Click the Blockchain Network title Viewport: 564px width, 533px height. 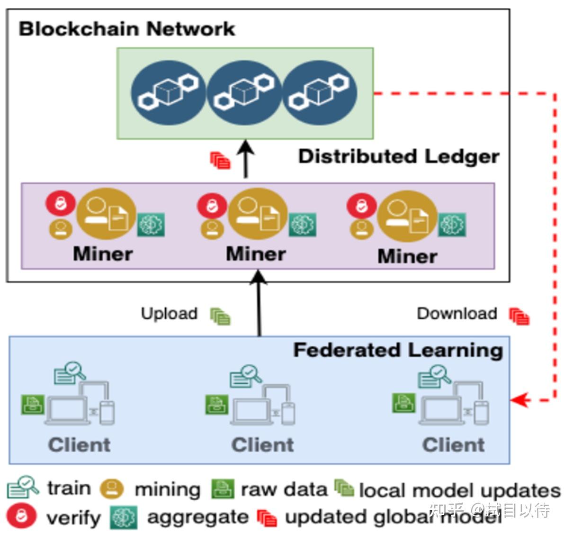pyautogui.click(x=126, y=29)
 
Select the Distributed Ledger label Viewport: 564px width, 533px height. pyautogui.click(x=398, y=156)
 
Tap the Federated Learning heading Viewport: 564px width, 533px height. pyautogui.click(x=398, y=350)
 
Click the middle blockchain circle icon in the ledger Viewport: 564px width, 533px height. pyautogui.click(x=244, y=93)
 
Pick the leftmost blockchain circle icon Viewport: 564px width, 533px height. pyautogui.click(x=168, y=93)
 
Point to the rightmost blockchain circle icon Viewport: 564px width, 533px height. pyautogui.click(x=320, y=93)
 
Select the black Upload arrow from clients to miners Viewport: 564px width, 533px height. pyautogui.click(x=259, y=303)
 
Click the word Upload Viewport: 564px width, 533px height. pyautogui.click(x=169, y=314)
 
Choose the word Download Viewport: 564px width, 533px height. pyautogui.click(x=457, y=314)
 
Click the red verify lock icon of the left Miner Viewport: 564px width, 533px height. pyautogui.click(x=60, y=203)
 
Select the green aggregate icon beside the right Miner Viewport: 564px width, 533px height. pyautogui.click(x=452, y=225)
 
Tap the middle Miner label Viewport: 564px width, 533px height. pyautogui.click(x=256, y=254)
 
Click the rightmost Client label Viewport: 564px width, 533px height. pyautogui.click(x=453, y=445)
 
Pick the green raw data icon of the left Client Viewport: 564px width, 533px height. pyautogui.click(x=33, y=405)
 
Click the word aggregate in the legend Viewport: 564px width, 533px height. pyautogui.click(x=197, y=517)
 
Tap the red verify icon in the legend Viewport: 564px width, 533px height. pyautogui.click(x=21, y=516)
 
